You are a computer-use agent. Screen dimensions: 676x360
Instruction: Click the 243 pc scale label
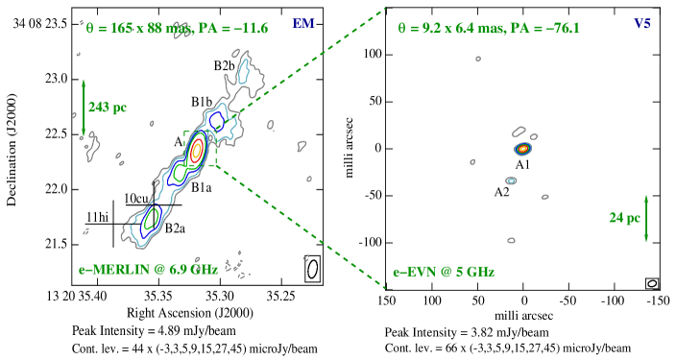[108, 108]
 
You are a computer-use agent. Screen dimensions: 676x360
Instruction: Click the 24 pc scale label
[624, 218]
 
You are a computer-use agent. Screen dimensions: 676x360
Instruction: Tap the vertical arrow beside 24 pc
[646, 218]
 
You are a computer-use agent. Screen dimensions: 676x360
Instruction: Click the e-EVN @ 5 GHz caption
[444, 272]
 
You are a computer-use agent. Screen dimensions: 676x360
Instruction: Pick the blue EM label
[303, 23]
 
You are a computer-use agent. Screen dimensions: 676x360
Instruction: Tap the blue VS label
[642, 23]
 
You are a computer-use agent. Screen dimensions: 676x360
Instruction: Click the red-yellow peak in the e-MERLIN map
[197, 150]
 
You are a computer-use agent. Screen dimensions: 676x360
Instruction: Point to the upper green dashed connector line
[307, 67]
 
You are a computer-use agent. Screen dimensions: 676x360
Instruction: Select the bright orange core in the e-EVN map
[523, 149]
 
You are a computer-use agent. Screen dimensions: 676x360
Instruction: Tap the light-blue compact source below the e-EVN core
[511, 180]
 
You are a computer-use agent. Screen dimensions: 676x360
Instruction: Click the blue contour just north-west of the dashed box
[217, 122]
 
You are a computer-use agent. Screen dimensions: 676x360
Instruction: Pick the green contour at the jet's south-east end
[151, 218]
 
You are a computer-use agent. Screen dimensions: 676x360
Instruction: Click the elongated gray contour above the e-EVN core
[519, 132]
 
